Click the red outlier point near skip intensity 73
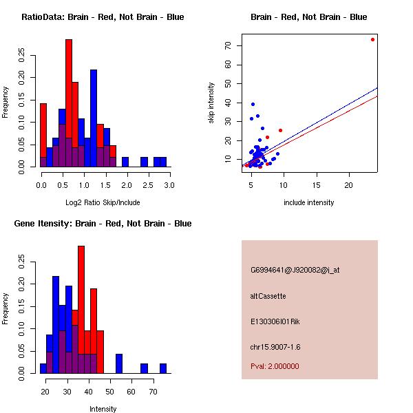[372, 39]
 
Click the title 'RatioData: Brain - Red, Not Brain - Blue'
[103, 17]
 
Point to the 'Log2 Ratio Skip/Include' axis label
[103, 202]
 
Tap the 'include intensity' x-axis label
[309, 202]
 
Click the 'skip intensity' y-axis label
[211, 103]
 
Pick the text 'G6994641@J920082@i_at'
[295, 270]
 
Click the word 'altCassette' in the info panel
[268, 296]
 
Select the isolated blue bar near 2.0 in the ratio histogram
[125, 162]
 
